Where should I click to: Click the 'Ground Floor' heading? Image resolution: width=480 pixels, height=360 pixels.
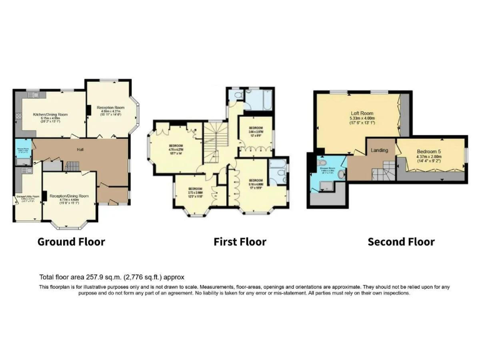pyautogui.click(x=71, y=241)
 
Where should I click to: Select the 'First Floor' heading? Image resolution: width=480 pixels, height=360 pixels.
pyautogui.click(x=239, y=241)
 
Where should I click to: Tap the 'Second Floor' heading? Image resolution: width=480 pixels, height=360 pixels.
pyautogui.click(x=401, y=241)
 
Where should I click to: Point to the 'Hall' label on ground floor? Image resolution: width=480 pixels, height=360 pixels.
pyautogui.click(x=81, y=149)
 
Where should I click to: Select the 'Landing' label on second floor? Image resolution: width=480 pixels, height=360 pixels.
pyautogui.click(x=379, y=150)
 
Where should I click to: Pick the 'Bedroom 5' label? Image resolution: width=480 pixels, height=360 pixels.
pyautogui.click(x=428, y=152)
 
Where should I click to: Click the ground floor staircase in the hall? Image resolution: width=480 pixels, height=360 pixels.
pyautogui.click(x=71, y=166)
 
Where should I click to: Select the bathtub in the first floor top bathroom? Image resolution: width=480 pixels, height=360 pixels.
pyautogui.click(x=257, y=98)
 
